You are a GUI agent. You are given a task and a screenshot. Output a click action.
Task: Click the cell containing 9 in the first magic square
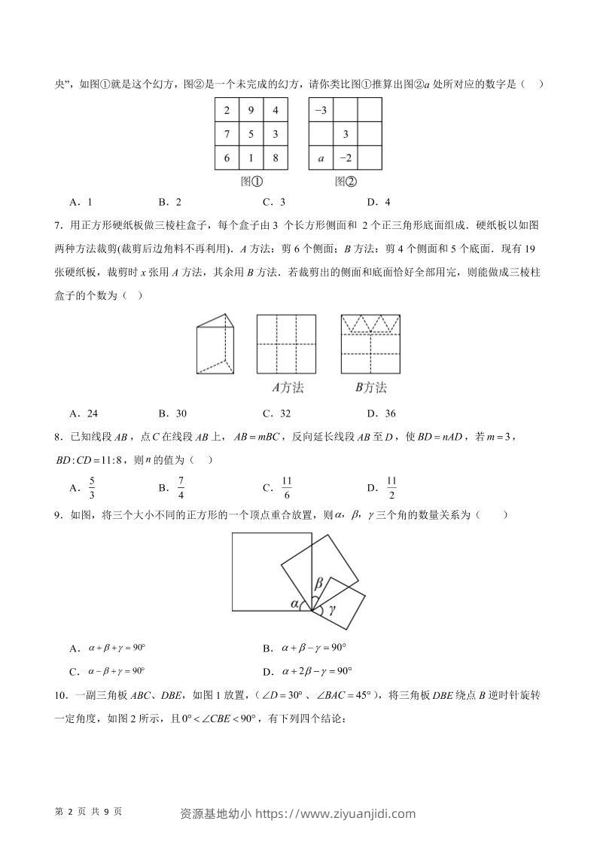coord(251,110)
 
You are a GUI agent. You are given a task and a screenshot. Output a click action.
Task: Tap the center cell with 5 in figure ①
coord(251,134)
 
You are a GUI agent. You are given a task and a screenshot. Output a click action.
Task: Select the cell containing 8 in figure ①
coord(275,158)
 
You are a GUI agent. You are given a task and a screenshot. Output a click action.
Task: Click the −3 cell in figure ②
coord(321,110)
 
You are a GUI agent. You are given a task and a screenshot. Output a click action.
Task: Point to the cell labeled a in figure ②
coord(321,158)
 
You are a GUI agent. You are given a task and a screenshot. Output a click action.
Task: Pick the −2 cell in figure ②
coord(345,158)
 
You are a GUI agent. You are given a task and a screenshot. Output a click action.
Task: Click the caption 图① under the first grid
coord(251,182)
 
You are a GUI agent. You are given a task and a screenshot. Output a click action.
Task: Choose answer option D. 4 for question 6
coord(379,201)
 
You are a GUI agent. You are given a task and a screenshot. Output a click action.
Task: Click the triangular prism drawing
coord(216,344)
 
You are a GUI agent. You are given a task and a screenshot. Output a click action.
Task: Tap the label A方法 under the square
coord(287,388)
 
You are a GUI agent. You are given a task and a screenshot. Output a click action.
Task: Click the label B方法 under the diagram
coord(370,388)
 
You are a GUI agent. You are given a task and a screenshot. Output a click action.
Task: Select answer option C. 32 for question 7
coord(276,413)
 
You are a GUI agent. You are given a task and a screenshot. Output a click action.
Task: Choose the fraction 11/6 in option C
coord(286,487)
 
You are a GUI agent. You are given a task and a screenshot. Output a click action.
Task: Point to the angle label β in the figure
coord(318,584)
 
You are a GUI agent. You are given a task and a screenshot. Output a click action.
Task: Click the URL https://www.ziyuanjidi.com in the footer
coord(337,813)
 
